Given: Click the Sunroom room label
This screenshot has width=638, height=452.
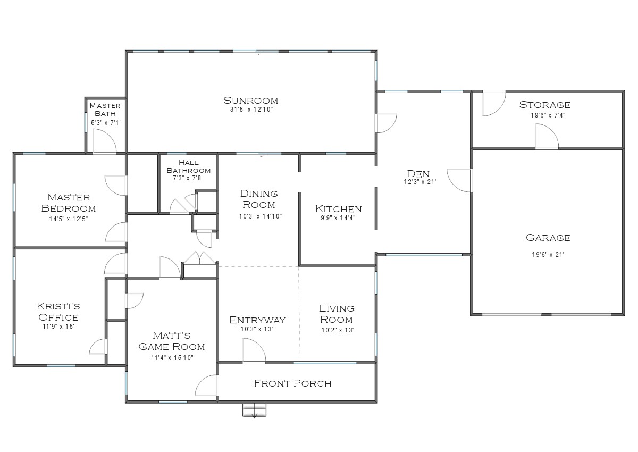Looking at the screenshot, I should [250, 101].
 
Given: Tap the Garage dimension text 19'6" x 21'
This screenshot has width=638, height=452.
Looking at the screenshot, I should [548, 254].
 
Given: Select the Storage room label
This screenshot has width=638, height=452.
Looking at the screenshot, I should [544, 105].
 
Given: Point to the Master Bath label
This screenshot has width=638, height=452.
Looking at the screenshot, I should [105, 110].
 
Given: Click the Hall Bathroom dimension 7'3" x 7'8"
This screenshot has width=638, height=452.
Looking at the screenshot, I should [188, 178].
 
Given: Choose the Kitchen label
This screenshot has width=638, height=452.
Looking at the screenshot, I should [338, 209].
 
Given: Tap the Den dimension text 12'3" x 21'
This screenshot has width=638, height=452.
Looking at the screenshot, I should [419, 181].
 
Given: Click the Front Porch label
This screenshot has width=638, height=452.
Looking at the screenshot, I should [292, 383].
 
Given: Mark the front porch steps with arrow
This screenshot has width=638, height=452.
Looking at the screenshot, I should [254, 411].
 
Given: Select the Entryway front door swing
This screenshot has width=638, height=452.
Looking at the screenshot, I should [253, 352].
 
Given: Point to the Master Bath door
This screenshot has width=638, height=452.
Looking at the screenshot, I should [104, 142].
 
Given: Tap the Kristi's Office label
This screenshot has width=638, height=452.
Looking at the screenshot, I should [58, 312].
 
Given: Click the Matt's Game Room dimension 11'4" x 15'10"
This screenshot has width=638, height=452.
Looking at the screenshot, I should [172, 358].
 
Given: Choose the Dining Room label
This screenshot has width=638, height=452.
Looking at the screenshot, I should [259, 199].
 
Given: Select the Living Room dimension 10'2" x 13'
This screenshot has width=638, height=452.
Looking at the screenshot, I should [337, 330].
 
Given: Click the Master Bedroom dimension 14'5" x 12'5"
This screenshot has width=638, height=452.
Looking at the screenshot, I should [68, 219].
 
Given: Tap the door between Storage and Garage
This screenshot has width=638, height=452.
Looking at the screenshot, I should [547, 137].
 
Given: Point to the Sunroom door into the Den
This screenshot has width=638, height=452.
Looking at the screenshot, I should [386, 123].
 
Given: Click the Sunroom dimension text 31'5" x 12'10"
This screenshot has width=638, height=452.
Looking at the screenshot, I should [250, 110].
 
